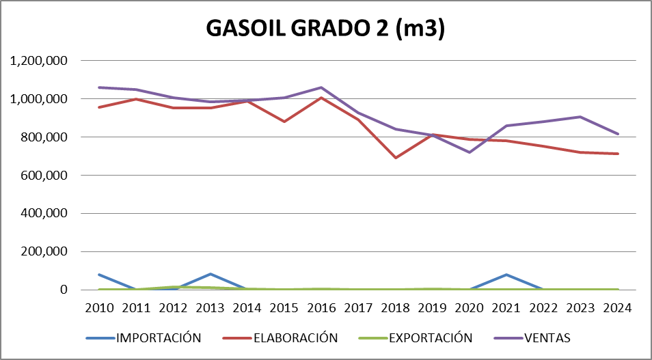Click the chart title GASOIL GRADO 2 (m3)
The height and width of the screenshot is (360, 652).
pyautogui.click(x=326, y=30)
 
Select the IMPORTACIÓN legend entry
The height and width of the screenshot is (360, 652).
pyautogui.click(x=159, y=337)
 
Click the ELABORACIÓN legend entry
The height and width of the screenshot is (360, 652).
pyautogui.click(x=295, y=337)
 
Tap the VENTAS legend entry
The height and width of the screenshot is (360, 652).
pyautogui.click(x=546, y=337)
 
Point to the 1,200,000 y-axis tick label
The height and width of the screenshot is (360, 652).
pyautogui.click(x=39, y=61)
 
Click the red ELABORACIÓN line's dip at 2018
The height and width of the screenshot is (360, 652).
pyautogui.click(x=396, y=158)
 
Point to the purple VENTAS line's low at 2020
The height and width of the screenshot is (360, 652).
pyautogui.click(x=470, y=152)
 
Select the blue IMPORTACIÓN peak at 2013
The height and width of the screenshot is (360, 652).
pyautogui.click(x=210, y=274)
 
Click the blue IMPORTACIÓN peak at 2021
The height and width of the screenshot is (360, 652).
pyautogui.click(x=506, y=275)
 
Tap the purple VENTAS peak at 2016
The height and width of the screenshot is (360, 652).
pyautogui.click(x=321, y=87)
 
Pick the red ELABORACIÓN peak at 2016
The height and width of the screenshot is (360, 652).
pyautogui.click(x=321, y=98)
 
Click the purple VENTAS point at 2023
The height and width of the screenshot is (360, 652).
pyautogui.click(x=580, y=117)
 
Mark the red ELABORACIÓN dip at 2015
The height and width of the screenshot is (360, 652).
pyautogui.click(x=284, y=122)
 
